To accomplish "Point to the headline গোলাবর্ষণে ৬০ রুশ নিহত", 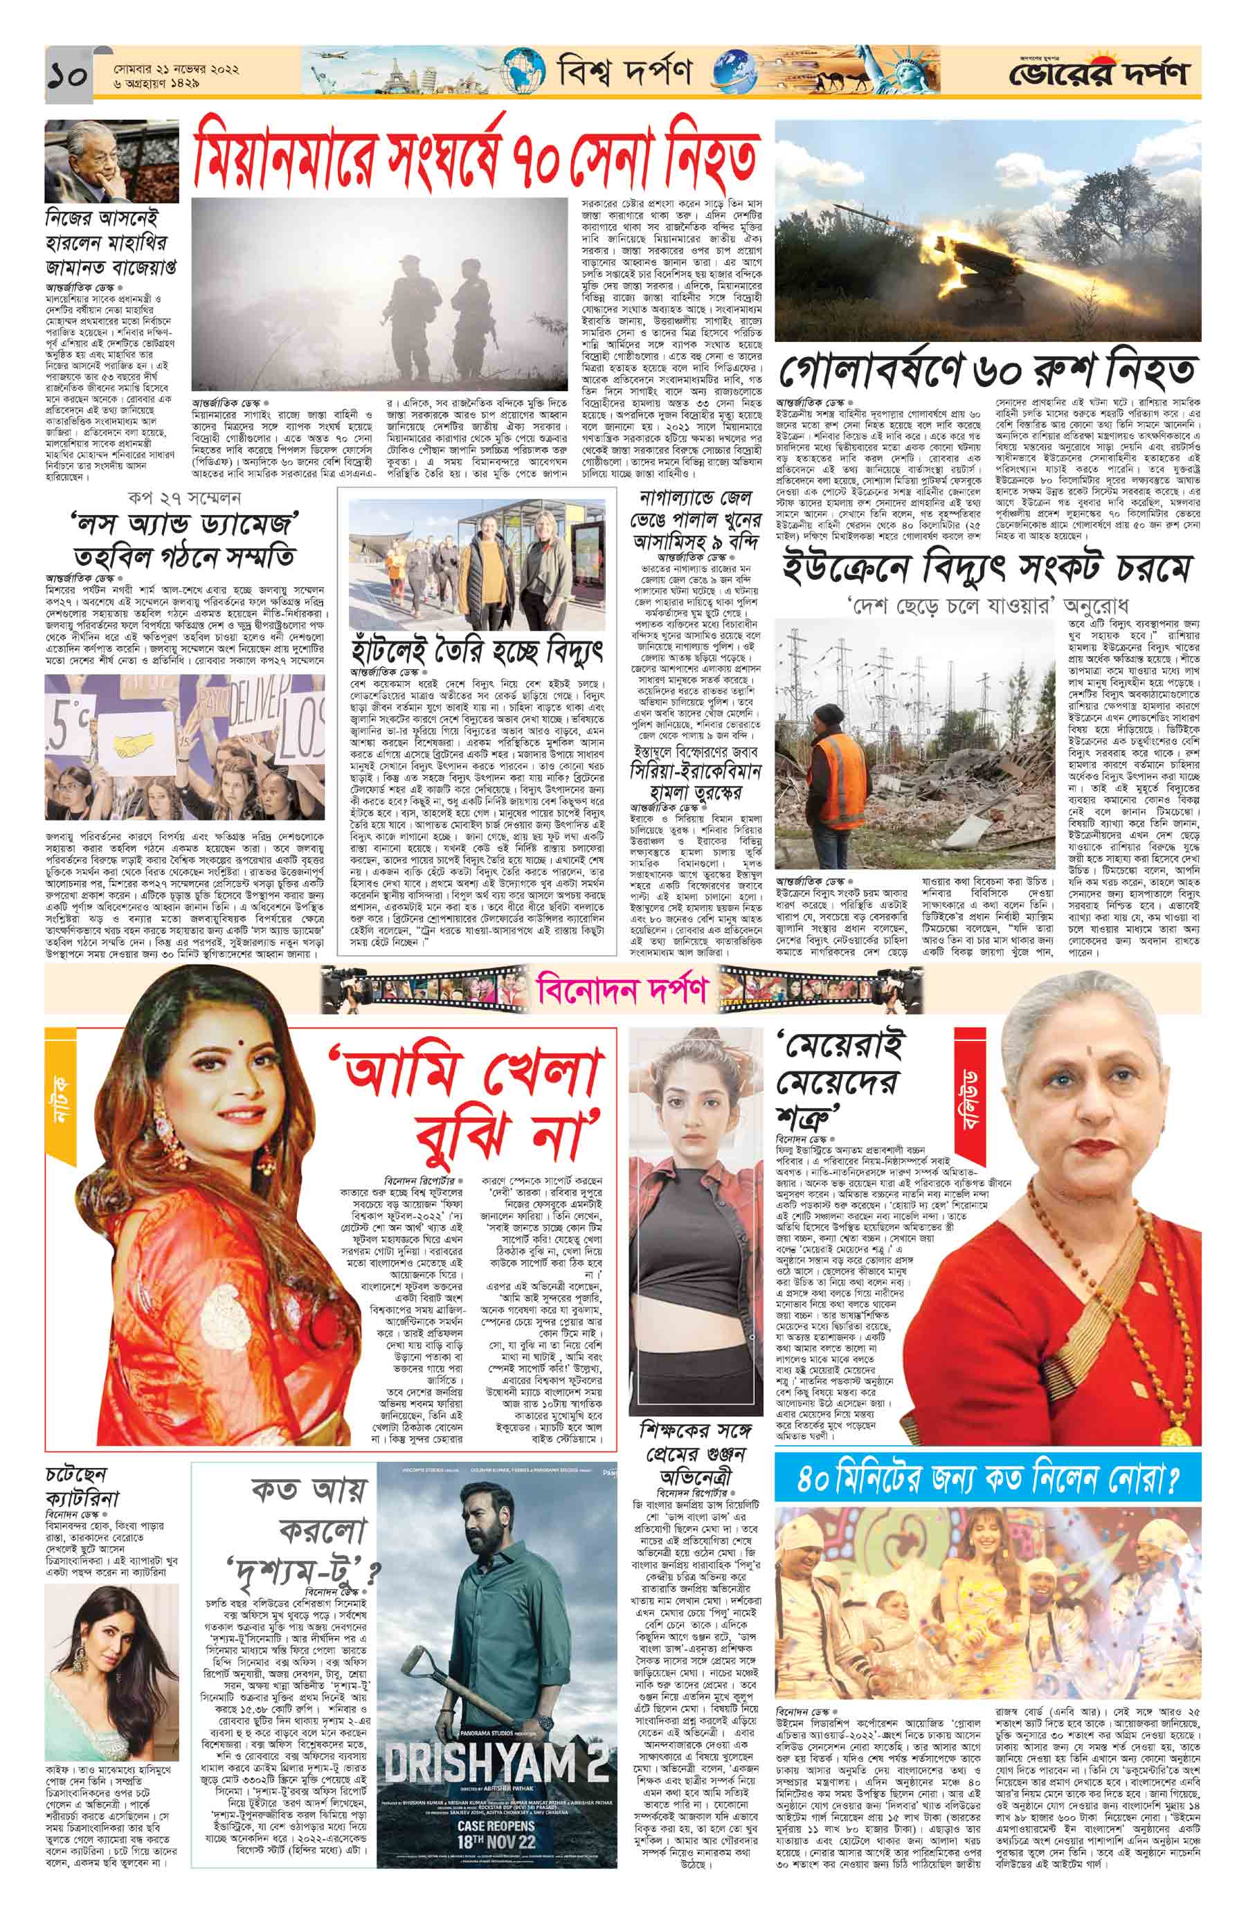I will (x=988, y=372).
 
